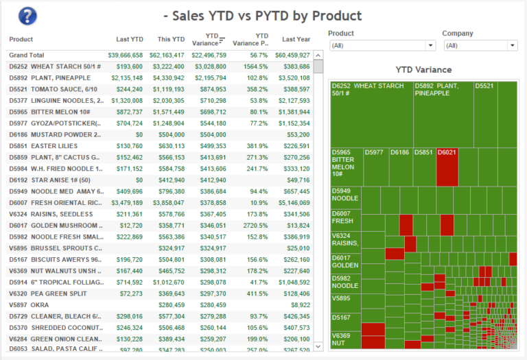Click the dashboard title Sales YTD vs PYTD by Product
263,16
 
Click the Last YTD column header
130,39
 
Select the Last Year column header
296,39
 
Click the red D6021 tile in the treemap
447,166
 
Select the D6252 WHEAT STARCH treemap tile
371,114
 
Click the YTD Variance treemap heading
423,69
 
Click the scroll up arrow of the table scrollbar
318,55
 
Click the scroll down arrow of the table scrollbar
318,347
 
